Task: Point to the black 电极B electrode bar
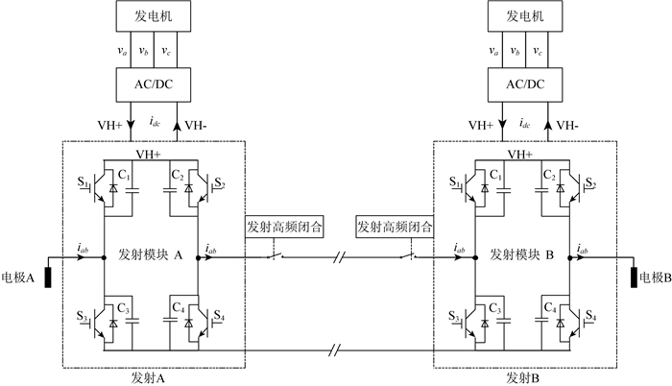tap(635, 278)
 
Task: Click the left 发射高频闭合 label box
tap(284, 229)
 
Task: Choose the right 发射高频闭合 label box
tap(395, 229)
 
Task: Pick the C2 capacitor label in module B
tap(548, 175)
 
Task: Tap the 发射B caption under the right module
tap(522, 376)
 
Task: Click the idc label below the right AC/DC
tap(524, 124)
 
